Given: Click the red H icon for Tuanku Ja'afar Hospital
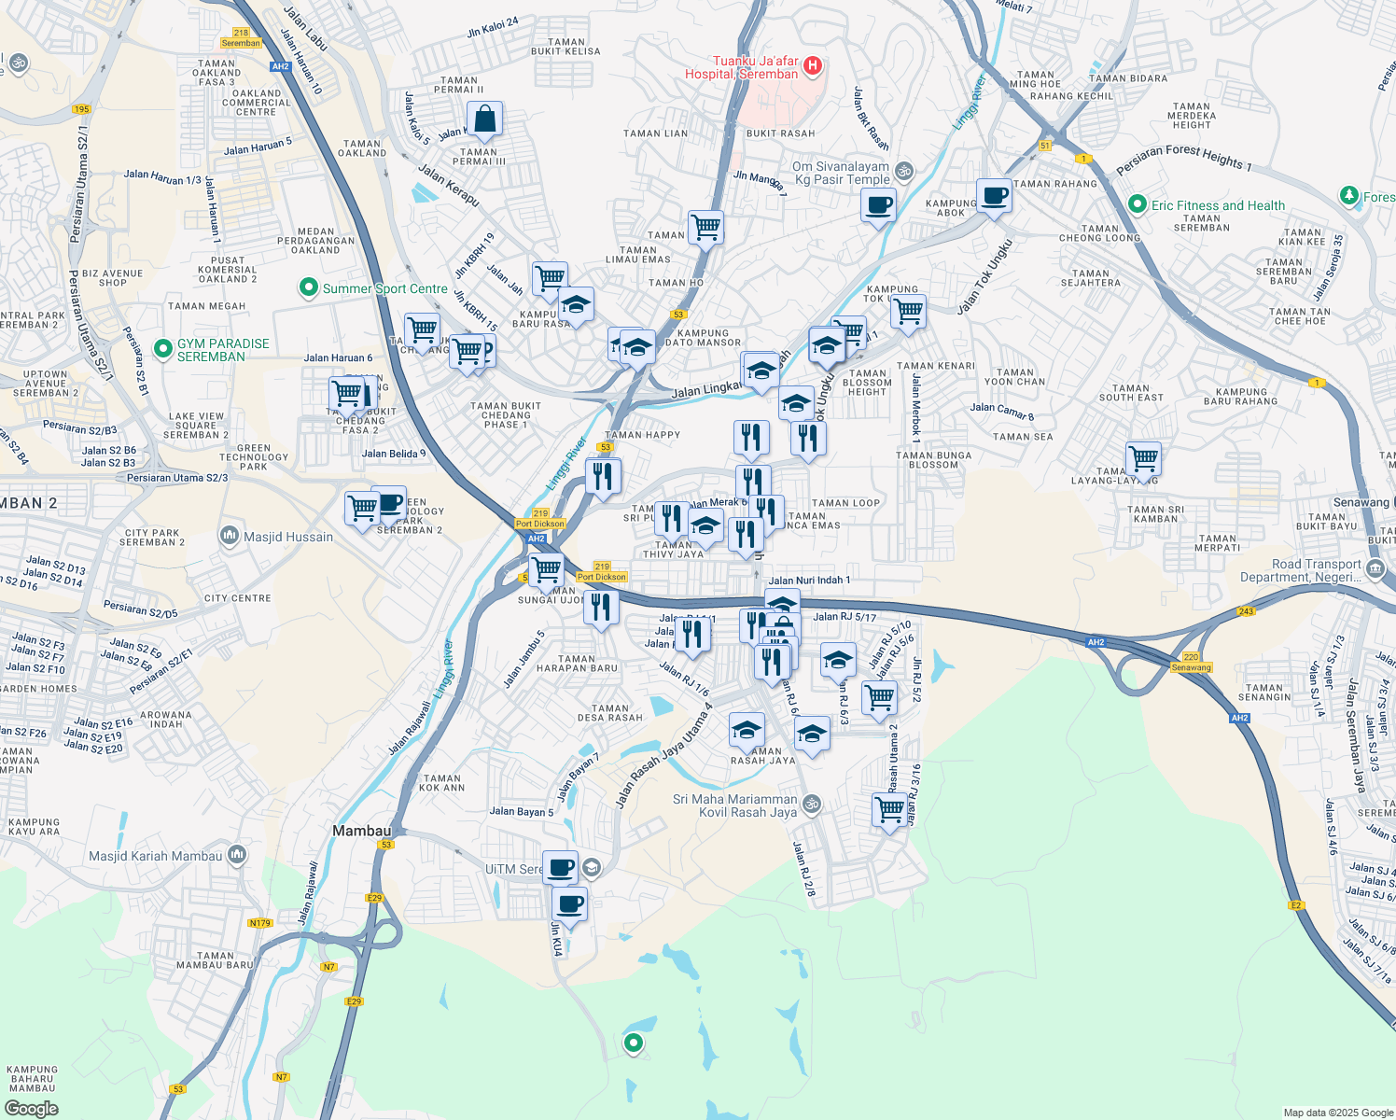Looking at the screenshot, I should (813, 65).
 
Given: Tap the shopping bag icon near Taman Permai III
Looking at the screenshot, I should (484, 119).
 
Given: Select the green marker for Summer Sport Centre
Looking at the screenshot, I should (308, 288).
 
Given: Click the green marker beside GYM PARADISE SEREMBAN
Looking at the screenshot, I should (163, 350).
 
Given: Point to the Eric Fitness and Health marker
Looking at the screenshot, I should (1137, 204).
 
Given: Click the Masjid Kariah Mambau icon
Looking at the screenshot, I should (236, 855).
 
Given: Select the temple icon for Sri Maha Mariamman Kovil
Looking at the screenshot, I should (812, 804).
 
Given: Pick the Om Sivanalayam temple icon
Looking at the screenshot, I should (903, 172).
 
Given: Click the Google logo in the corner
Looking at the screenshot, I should (32, 1108).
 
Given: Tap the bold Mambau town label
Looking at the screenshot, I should (362, 831).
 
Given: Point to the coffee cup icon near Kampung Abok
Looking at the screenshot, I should (994, 197).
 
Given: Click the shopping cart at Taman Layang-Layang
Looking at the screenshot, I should (1143, 459).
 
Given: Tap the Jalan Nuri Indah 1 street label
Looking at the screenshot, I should (809, 581).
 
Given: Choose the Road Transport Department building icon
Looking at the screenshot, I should (1375, 569).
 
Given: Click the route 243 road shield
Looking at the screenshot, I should (1246, 611).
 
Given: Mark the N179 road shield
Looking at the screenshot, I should (259, 923).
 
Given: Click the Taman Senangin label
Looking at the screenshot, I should (1264, 692).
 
